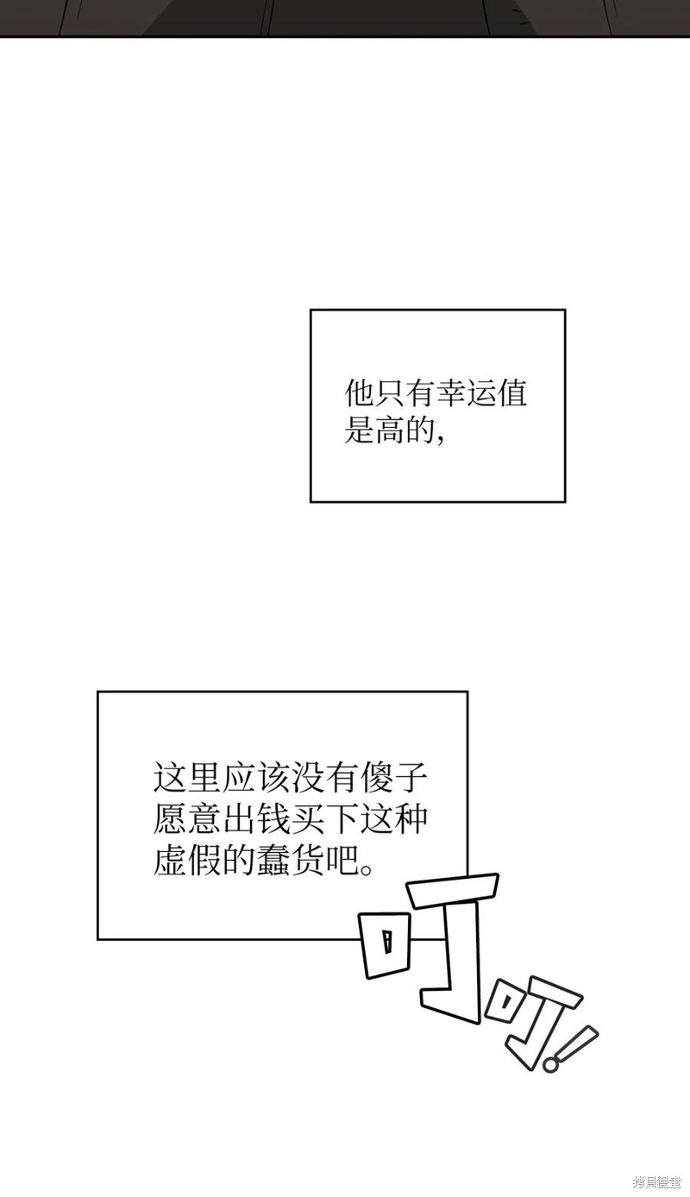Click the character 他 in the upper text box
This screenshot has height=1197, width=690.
(x=359, y=394)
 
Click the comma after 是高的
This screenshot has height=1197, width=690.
(x=441, y=439)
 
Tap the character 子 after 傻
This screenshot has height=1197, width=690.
(x=411, y=778)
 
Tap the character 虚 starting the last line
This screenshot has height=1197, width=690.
(x=169, y=861)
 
